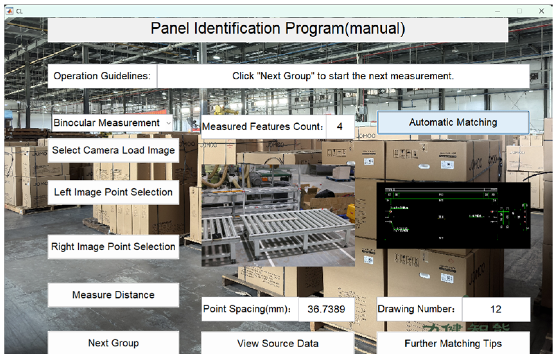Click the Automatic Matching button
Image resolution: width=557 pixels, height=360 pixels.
[x=453, y=122]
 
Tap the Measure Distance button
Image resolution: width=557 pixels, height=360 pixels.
[x=113, y=295]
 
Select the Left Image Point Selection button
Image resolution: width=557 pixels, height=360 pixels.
[x=113, y=192]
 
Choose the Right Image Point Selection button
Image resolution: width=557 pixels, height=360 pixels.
[x=113, y=247]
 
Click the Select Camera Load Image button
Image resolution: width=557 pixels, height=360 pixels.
[x=113, y=150]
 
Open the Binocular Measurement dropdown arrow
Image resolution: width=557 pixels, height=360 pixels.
[x=168, y=123]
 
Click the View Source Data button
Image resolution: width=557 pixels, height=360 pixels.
[x=277, y=343]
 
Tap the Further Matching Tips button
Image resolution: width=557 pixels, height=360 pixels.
[x=453, y=343]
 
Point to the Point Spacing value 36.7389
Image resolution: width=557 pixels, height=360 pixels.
[x=326, y=309]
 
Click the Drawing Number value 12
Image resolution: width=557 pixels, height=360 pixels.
[x=496, y=309]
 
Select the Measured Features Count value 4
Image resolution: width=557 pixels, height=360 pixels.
[x=340, y=127]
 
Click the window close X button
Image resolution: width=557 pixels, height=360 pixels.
[x=541, y=11]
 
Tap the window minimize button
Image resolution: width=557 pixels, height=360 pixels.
[x=498, y=11]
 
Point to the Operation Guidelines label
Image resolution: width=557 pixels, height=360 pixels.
[x=102, y=76]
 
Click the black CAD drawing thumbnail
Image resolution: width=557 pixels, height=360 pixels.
[x=453, y=215]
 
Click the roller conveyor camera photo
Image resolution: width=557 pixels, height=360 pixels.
[x=278, y=215]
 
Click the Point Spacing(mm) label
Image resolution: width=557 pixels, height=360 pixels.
[x=247, y=309]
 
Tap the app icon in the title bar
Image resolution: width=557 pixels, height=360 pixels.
[x=10, y=11]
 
